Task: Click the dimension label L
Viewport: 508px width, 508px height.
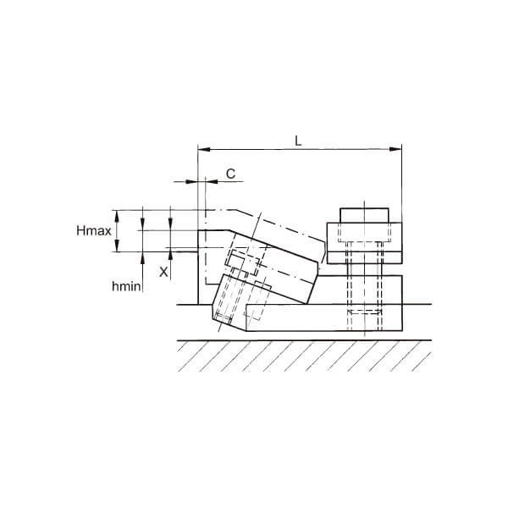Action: pyautogui.click(x=298, y=141)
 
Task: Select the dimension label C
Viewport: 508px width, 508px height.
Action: pyautogui.click(x=230, y=174)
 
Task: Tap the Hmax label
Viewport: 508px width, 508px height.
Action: pyautogui.click(x=94, y=230)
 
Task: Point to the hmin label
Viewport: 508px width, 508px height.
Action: pyautogui.click(x=126, y=286)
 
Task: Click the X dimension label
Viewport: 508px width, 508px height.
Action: pyautogui.click(x=163, y=272)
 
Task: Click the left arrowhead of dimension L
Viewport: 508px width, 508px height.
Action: pyautogui.click(x=204, y=149)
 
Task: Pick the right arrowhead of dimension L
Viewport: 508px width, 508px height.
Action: pyautogui.click(x=395, y=149)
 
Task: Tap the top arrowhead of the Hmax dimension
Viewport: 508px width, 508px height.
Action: pyautogui.click(x=117, y=216)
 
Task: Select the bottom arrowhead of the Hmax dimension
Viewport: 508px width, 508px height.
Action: pyautogui.click(x=117, y=246)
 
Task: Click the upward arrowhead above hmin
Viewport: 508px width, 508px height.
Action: pyautogui.click(x=142, y=257)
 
